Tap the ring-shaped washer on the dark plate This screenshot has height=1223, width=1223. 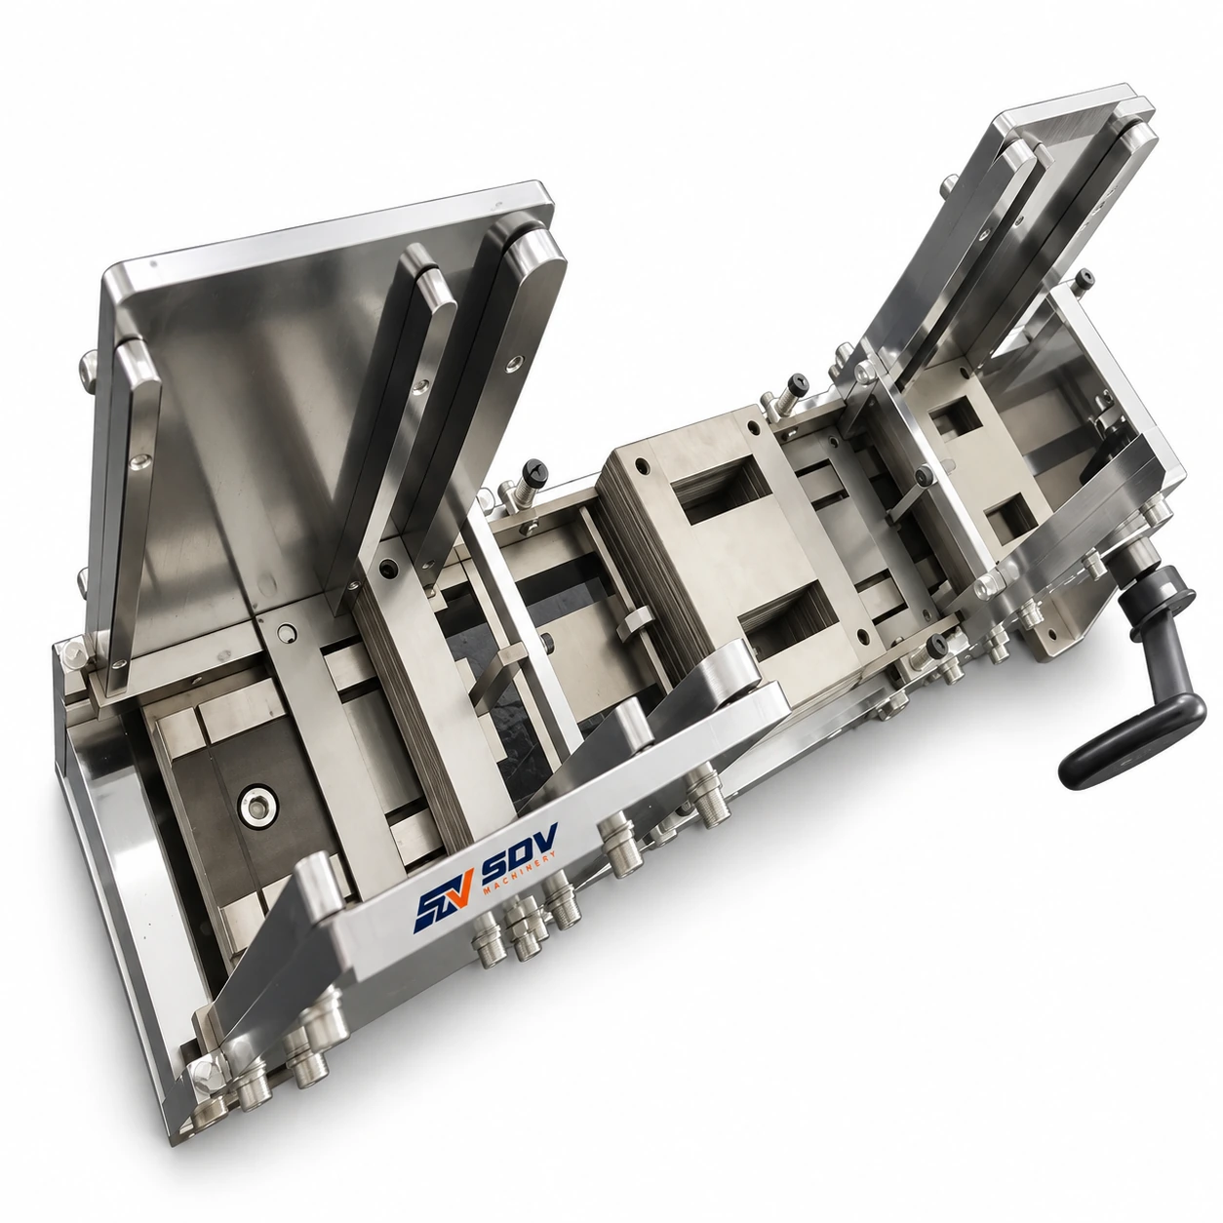click(257, 807)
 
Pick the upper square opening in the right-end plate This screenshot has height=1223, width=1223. click(955, 415)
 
